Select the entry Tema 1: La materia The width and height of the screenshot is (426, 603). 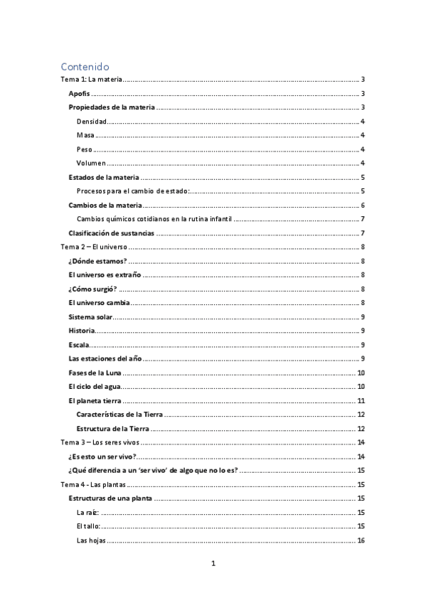[92, 80]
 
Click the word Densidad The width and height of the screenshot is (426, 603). [92, 122]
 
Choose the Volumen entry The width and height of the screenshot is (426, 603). [92, 164]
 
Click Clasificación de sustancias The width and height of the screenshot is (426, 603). [111, 233]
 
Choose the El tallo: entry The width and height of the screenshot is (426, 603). [88, 526]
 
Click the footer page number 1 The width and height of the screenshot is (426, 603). [213, 565]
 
